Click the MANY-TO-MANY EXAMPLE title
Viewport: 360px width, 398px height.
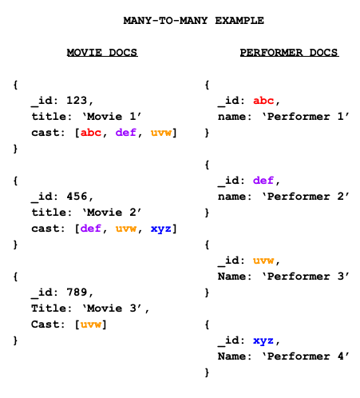click(x=193, y=21)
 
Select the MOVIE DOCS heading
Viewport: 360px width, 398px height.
click(x=102, y=52)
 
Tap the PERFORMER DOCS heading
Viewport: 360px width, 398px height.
click(x=289, y=52)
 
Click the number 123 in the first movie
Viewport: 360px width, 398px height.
click(x=77, y=101)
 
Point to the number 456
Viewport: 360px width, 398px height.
click(x=77, y=197)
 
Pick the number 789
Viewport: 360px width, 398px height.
click(x=77, y=293)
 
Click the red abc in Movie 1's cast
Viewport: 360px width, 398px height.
click(x=91, y=133)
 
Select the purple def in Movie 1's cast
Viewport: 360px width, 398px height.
click(x=126, y=133)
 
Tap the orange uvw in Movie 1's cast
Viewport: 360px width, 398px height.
click(x=161, y=133)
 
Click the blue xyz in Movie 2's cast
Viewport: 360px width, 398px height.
click(x=161, y=229)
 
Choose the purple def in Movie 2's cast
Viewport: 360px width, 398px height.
click(x=91, y=229)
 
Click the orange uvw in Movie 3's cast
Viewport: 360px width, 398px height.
click(x=91, y=324)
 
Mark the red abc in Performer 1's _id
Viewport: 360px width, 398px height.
click(x=263, y=101)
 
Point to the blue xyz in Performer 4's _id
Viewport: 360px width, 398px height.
click(x=263, y=340)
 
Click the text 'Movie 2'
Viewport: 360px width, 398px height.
click(x=112, y=213)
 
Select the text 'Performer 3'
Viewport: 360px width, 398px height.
click(x=306, y=277)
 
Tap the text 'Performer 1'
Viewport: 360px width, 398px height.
click(x=306, y=117)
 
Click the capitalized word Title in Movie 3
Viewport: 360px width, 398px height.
click(x=49, y=308)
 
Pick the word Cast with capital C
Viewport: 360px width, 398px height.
click(x=45, y=324)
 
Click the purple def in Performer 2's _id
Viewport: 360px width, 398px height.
click(x=263, y=181)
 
